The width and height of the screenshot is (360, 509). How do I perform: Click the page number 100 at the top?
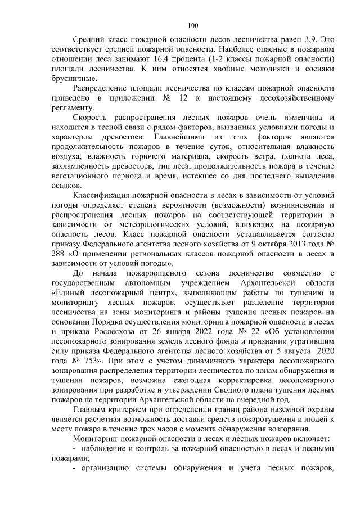193,25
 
